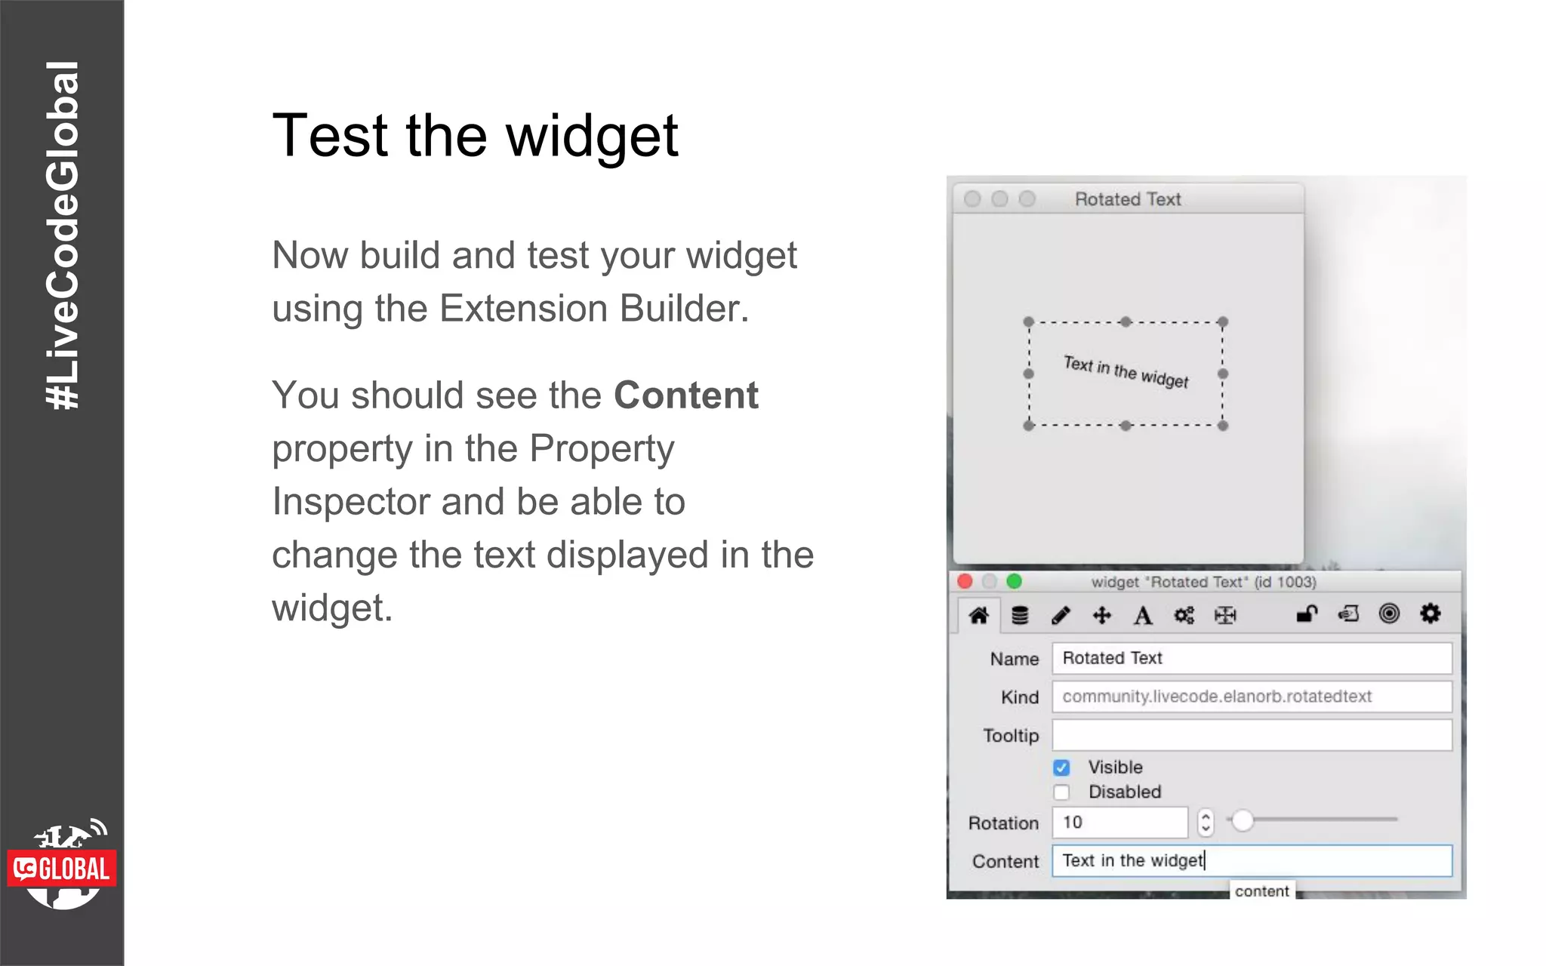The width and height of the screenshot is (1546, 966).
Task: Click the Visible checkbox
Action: tap(1061, 768)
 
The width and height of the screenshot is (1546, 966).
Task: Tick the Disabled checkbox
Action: tap(1061, 792)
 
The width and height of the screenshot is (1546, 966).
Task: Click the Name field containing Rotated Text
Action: tap(1251, 658)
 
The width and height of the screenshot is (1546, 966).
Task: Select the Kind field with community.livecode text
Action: tap(1251, 697)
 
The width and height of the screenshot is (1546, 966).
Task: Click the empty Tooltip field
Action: tap(1251, 735)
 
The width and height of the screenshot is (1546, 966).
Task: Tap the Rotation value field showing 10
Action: tap(1119, 822)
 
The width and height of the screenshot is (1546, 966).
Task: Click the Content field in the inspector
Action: tap(1251, 861)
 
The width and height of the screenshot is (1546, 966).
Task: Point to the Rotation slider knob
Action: tap(1243, 820)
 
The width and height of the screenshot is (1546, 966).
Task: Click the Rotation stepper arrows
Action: tap(1206, 822)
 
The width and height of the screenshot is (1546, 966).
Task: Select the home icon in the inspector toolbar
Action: tap(979, 616)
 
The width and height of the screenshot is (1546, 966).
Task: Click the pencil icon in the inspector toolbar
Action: tap(1061, 616)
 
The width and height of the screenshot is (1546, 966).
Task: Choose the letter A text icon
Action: tap(1143, 616)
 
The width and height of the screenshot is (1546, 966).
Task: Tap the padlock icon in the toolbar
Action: tap(1307, 614)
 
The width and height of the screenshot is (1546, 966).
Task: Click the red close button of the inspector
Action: tap(965, 581)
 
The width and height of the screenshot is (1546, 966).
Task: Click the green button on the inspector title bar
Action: tap(1014, 581)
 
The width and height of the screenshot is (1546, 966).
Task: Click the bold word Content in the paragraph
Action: tap(685, 395)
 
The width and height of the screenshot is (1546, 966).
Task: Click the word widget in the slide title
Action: tap(591, 137)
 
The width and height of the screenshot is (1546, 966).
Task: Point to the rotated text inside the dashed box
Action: tap(1126, 371)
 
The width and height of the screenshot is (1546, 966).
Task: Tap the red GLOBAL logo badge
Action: tap(62, 869)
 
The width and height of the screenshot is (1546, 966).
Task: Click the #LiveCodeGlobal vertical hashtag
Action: tap(62, 235)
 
